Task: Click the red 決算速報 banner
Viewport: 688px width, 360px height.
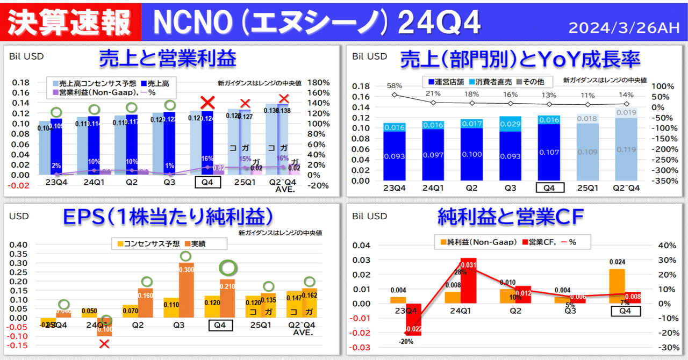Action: click(x=70, y=21)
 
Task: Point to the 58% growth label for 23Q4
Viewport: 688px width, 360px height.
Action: click(x=395, y=85)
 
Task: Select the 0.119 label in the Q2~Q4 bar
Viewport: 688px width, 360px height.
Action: click(x=626, y=150)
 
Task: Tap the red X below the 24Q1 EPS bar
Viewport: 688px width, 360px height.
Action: click(x=104, y=343)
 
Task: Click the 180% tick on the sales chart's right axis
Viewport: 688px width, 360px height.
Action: click(x=320, y=83)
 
